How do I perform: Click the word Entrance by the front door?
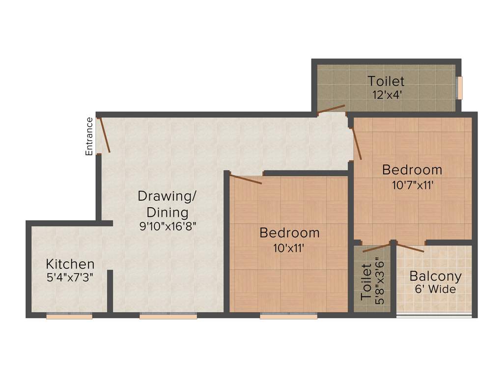[89, 136]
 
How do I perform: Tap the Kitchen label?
[70, 264]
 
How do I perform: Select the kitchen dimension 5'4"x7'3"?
[70, 277]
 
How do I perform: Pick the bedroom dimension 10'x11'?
[289, 247]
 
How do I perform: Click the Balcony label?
[435, 276]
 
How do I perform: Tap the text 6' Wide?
[435, 289]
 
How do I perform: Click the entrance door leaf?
[104, 135]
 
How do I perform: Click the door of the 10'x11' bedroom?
[246, 179]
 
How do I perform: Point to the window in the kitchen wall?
[69, 317]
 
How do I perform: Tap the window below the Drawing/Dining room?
[168, 317]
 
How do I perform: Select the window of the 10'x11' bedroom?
[288, 317]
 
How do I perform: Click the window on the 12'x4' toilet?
[460, 88]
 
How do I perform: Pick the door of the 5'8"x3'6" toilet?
[376, 248]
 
